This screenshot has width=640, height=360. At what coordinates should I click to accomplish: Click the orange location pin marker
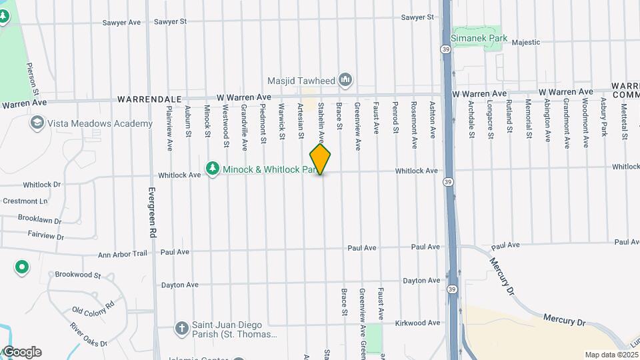(320, 159)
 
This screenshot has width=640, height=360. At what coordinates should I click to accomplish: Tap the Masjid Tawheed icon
(345, 81)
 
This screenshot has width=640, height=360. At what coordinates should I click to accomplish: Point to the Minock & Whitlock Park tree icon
(212, 169)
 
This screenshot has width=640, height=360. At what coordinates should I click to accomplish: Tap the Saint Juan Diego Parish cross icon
(181, 328)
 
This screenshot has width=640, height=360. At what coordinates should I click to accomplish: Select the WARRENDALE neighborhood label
(149, 99)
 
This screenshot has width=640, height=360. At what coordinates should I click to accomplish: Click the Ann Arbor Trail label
(122, 254)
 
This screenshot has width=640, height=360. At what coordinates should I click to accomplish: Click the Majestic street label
(525, 42)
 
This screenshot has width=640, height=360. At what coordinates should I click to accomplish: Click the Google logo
(21, 352)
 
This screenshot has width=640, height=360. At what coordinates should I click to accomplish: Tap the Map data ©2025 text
(611, 355)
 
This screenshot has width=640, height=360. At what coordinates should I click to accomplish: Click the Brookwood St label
(77, 274)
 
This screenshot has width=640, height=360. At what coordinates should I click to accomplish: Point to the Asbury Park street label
(604, 117)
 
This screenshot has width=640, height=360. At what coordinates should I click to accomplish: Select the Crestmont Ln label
(25, 201)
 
